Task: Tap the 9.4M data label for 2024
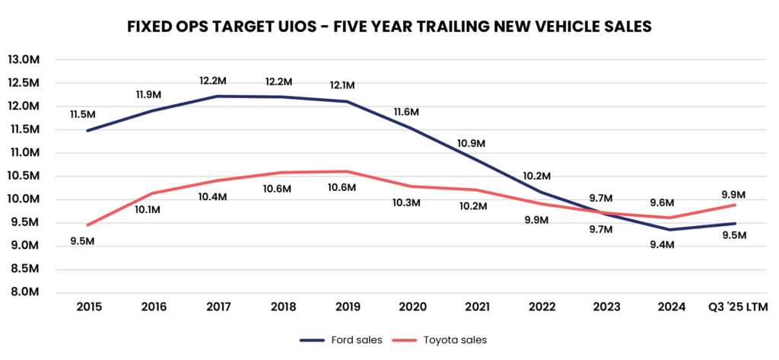[x=669, y=244]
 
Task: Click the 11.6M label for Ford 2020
[x=407, y=112]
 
